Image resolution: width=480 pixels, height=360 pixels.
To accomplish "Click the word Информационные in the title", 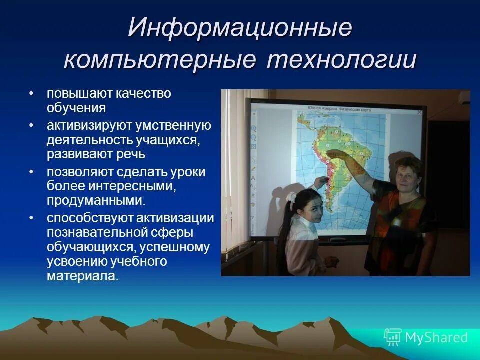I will pos(240,28).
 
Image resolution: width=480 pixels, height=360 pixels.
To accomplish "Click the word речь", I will pos(130,154).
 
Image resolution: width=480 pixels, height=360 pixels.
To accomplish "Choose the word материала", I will pos(83,276).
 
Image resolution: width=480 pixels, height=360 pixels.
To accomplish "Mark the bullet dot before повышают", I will pos(31,94).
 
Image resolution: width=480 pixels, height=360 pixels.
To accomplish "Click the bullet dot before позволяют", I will pos(31,172).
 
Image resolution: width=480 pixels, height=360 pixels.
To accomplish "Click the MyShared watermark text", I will pos(436,338).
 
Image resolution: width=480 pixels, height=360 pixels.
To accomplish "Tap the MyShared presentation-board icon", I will pos(393,338).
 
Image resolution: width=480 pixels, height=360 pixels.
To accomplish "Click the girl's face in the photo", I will pos(311,210).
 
